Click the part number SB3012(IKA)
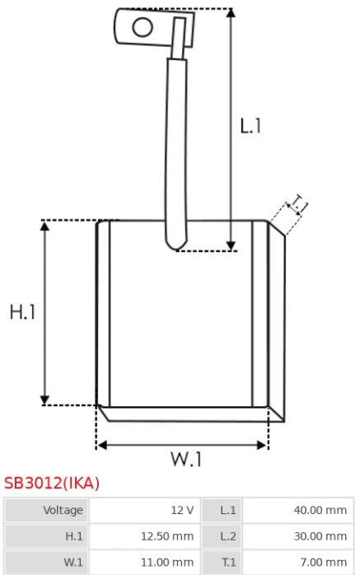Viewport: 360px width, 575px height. (52, 483)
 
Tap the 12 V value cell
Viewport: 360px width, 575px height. (145, 510)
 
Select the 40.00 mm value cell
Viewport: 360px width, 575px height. (298, 510)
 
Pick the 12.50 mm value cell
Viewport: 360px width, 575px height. (145, 536)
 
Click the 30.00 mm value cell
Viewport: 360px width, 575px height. (298, 536)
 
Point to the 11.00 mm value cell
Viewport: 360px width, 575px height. (145, 562)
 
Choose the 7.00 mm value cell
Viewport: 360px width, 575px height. (298, 562)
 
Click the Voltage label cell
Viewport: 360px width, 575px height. (46, 510)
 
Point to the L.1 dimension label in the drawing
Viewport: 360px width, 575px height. (250, 126)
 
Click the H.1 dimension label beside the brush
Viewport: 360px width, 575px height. (23, 312)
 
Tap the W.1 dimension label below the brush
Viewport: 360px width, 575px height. (186, 459)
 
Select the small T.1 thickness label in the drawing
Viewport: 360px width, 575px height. (298, 204)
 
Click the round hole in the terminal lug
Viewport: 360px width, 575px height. (143, 27)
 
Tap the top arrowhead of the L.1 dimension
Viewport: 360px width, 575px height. (231, 13)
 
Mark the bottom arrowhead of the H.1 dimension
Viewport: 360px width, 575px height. (44, 400)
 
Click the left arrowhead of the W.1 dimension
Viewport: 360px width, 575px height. (102, 445)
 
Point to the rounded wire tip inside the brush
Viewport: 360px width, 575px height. (176, 244)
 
